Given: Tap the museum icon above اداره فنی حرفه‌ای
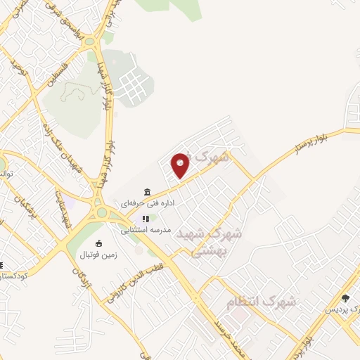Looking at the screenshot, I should [x=147, y=192].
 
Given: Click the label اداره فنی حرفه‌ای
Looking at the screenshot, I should [x=147, y=203].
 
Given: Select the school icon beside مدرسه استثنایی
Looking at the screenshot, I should [x=146, y=219].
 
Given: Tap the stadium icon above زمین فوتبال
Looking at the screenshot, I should [x=98, y=243].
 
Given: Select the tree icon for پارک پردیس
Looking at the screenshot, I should [x=345, y=298].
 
